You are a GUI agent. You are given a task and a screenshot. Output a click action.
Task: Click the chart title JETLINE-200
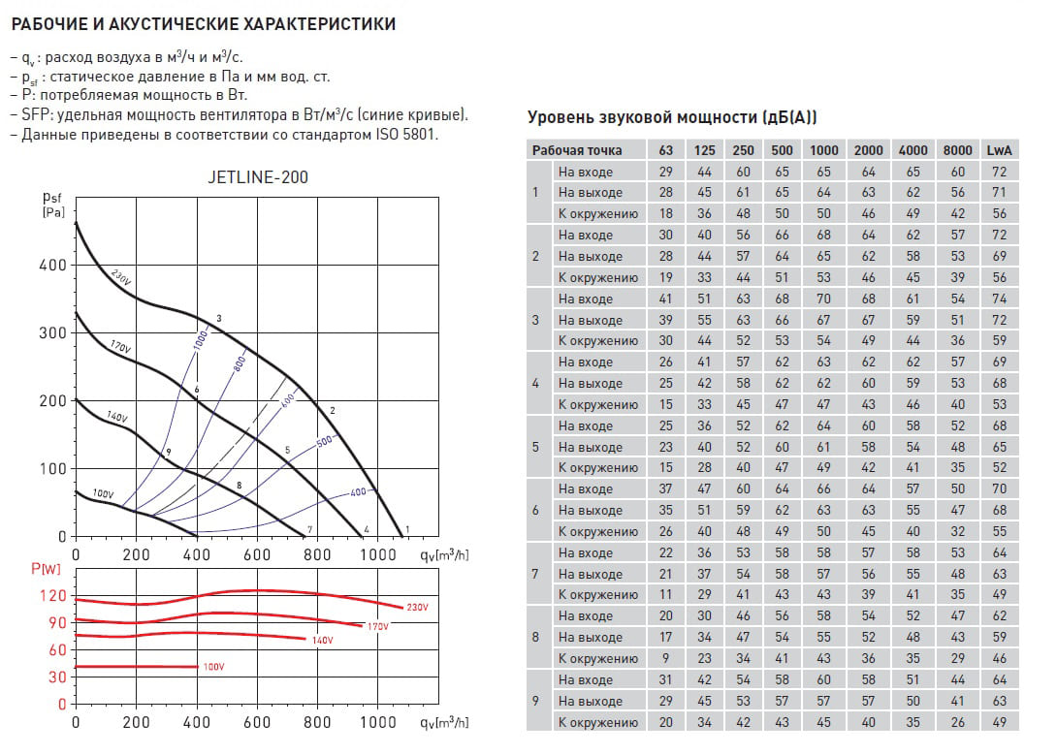pos(258,177)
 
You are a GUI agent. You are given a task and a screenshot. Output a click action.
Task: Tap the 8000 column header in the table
pos(957,150)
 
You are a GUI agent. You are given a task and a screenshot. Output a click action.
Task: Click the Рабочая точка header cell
pos(577,150)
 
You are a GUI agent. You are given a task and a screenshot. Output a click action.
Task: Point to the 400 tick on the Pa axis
pos(54,265)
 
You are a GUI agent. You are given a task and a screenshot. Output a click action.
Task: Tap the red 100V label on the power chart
pos(213,667)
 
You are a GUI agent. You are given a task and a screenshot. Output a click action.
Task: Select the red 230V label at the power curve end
pos(418,607)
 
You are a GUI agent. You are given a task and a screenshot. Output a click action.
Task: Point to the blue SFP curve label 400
pos(358,492)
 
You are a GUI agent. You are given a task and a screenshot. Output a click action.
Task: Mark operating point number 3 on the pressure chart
pos(219,319)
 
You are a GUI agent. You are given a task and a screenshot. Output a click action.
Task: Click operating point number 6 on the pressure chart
pos(196,390)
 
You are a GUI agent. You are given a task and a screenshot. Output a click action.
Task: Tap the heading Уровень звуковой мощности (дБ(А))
pos(671,117)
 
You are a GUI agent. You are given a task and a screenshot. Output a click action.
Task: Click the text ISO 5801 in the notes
pos(410,134)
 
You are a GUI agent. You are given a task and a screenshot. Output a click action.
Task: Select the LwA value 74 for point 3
pos(999,299)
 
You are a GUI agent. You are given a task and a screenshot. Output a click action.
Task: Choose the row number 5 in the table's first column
pos(535,447)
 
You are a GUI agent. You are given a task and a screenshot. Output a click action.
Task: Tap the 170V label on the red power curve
pos(377,626)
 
